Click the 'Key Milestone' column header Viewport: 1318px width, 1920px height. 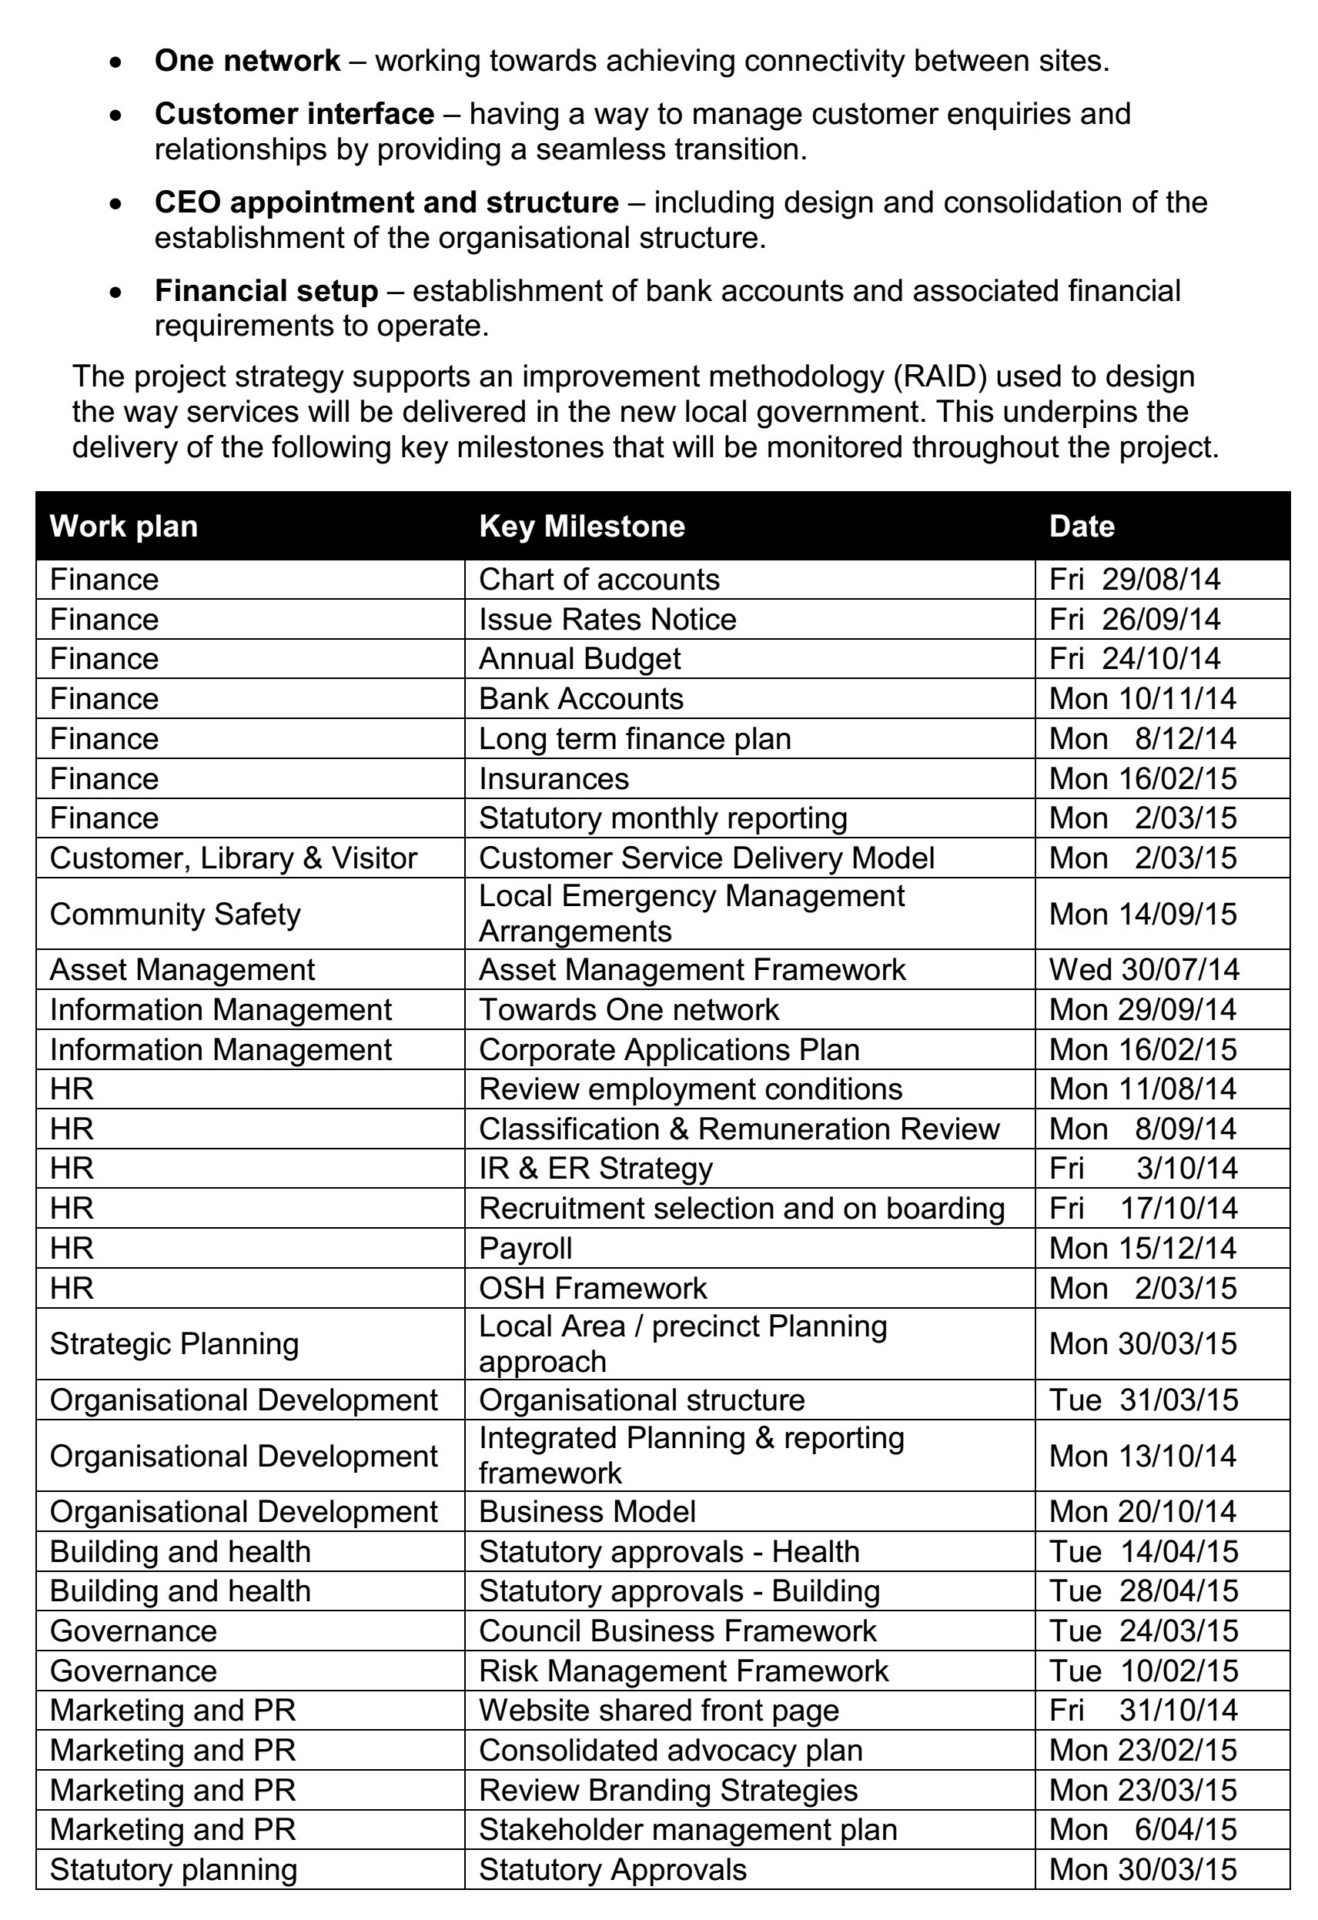pos(582,527)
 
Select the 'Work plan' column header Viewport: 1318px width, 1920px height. pos(124,527)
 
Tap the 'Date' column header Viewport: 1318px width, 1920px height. pos(1082,527)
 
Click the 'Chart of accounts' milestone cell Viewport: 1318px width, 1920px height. pos(599,579)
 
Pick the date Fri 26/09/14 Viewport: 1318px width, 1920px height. pos(1135,619)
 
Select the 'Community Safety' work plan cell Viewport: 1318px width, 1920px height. pos(176,914)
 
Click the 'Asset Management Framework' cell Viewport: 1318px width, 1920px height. pos(692,969)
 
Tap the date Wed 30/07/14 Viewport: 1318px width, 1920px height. pos(1145,969)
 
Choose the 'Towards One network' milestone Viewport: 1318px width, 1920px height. pos(629,1009)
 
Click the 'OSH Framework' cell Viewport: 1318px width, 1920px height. pos(593,1288)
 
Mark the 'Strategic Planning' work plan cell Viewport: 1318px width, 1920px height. pos(174,1343)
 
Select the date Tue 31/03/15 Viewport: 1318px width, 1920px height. pos(1144,1400)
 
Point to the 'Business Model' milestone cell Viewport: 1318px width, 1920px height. pos(587,1511)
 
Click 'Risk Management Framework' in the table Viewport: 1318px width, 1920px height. pos(684,1671)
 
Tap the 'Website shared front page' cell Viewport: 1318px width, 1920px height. pos(658,1710)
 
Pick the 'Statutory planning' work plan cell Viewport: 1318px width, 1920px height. pos(173,1870)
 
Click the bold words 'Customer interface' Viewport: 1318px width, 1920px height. pos(294,113)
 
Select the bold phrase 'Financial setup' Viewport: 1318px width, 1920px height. pos(266,291)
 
